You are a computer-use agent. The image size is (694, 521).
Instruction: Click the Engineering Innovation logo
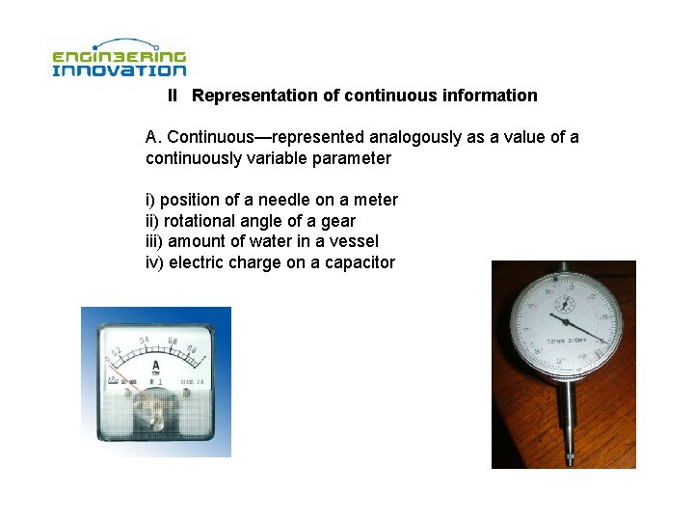pyautogui.click(x=119, y=58)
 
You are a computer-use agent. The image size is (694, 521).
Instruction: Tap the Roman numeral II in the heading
pyautogui.click(x=173, y=96)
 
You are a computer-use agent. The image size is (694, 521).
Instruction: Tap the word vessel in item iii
pyautogui.click(x=354, y=241)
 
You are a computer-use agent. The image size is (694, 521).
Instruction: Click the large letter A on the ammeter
pyautogui.click(x=155, y=366)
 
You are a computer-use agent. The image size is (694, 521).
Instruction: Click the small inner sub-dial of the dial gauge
pyautogui.click(x=564, y=301)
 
